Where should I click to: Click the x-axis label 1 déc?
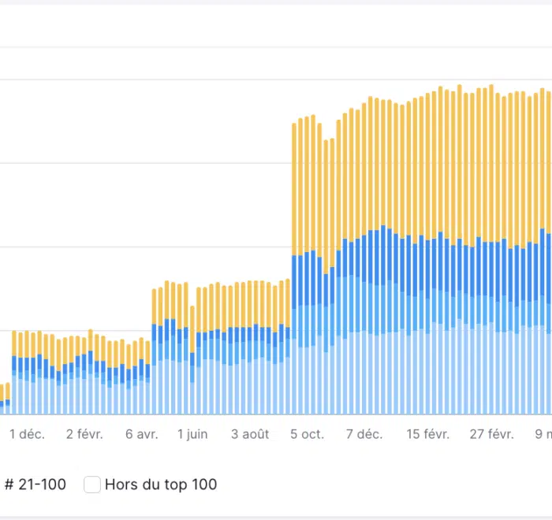coord(27,434)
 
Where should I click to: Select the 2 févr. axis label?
coord(86,434)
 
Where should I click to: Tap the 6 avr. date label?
coord(141,434)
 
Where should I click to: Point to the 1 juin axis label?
coord(192,434)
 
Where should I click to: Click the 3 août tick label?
coord(250,434)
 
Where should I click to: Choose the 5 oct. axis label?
coord(307,434)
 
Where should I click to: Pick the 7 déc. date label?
coord(364,434)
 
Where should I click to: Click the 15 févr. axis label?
coord(427,434)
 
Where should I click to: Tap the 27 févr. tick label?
coord(491,434)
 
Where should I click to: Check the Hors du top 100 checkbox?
coord(92,485)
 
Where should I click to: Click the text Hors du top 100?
coord(160,485)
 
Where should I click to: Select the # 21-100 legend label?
coord(35,485)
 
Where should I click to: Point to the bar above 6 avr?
coord(141,378)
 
